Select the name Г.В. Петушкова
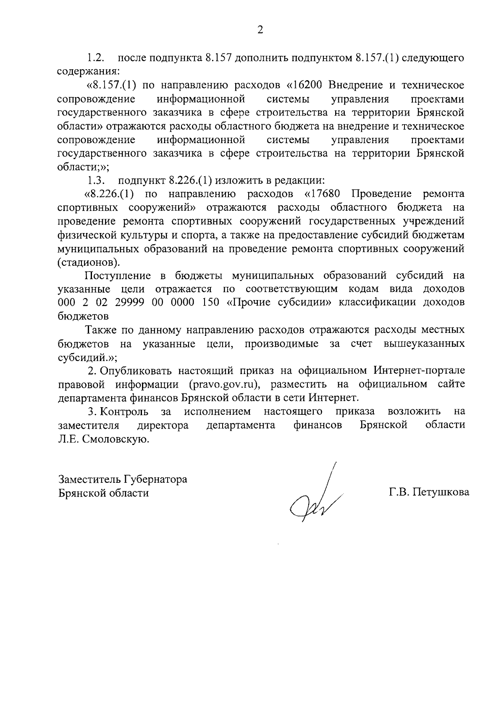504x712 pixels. point(429,492)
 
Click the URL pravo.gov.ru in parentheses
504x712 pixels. point(222,384)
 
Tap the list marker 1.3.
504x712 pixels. point(95,181)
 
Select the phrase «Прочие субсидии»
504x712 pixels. point(279,303)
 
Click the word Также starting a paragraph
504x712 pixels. point(101,330)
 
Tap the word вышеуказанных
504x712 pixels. point(424,344)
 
